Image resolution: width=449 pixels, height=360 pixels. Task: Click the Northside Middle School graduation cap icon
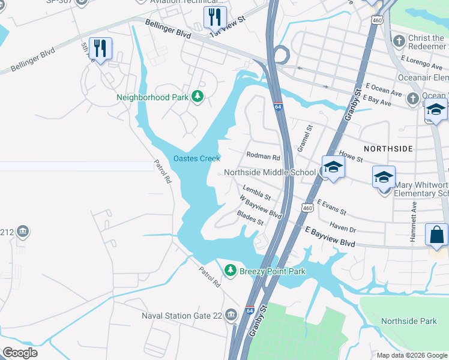coord(333,168)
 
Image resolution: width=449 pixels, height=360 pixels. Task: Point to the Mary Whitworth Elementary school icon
coord(384,178)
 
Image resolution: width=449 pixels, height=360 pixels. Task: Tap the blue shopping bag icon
coord(436,235)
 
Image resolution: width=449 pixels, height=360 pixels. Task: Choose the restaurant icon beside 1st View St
coord(214,17)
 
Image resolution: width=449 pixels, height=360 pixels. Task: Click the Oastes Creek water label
coord(197,158)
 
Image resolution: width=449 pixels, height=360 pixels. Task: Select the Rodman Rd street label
coord(264,157)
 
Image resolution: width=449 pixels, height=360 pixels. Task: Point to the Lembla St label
coord(257,193)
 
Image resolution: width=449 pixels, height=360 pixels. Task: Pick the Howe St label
coord(351,157)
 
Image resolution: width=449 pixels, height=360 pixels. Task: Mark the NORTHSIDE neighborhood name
coord(388,148)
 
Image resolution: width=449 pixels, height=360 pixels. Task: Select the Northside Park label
coord(409,322)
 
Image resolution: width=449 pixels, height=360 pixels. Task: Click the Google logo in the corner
coord(20,353)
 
